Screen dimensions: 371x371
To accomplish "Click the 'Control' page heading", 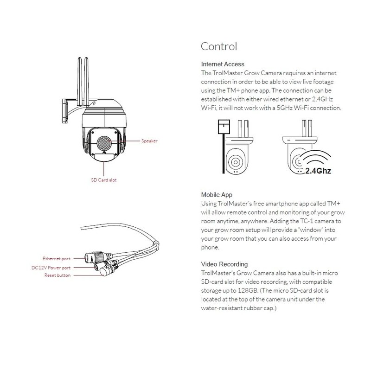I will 219,46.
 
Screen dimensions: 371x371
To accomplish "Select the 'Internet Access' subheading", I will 223,64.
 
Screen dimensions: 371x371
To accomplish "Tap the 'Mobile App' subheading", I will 217,195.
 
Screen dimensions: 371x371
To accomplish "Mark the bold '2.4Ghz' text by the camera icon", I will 319,170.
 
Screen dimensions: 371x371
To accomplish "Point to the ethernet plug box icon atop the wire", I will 224,126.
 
